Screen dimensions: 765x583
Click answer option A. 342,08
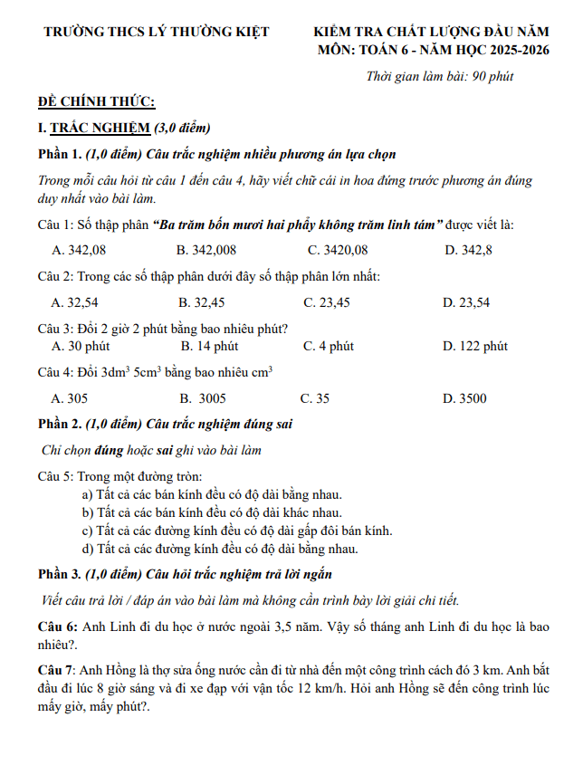pos(79,250)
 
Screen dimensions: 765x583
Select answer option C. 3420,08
pos(338,250)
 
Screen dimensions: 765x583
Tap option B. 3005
pos(202,398)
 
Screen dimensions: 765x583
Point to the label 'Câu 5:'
pos(56,475)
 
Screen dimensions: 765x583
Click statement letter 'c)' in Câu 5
pos(88,531)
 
